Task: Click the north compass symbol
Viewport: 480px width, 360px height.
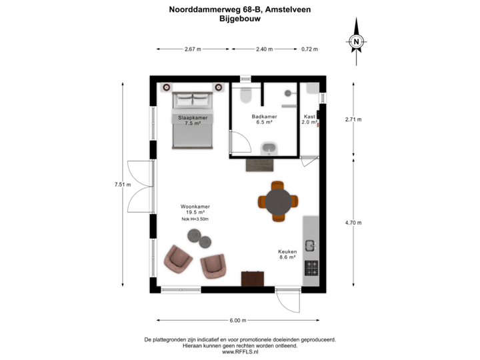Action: tap(357, 41)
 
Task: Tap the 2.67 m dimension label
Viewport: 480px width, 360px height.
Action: tap(193, 49)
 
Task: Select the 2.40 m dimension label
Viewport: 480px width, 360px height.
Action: tap(265, 49)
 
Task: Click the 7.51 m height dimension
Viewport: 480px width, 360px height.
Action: tap(123, 185)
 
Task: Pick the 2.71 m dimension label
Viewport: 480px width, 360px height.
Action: tap(353, 120)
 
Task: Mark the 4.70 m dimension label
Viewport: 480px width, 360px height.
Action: tap(353, 223)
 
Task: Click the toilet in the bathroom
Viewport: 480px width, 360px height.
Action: tap(245, 97)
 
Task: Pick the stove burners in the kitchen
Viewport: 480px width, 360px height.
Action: tap(311, 268)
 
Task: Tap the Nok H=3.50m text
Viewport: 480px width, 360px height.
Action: tap(195, 219)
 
